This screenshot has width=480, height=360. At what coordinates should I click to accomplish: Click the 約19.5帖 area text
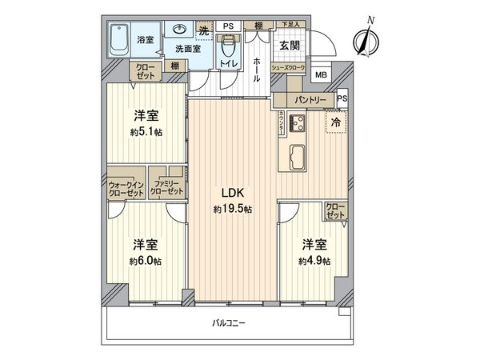(x=233, y=209)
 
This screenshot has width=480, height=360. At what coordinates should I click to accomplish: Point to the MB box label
(x=320, y=75)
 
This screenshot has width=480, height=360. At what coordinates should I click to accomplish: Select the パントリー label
(x=304, y=100)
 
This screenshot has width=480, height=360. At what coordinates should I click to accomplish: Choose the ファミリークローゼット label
(x=168, y=190)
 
